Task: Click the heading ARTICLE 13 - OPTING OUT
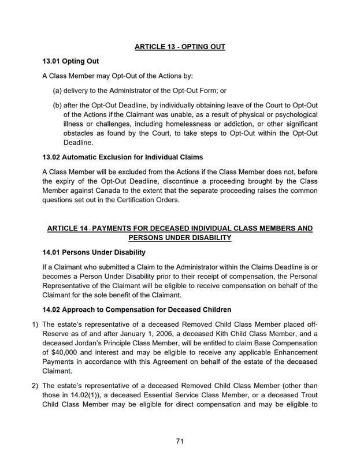(180, 47)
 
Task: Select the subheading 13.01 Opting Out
(70, 61)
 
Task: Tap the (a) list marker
(57, 90)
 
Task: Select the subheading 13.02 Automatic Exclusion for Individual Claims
(123, 157)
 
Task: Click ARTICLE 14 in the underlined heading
(67, 229)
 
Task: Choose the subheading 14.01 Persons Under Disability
(94, 252)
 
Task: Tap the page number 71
(180, 441)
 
